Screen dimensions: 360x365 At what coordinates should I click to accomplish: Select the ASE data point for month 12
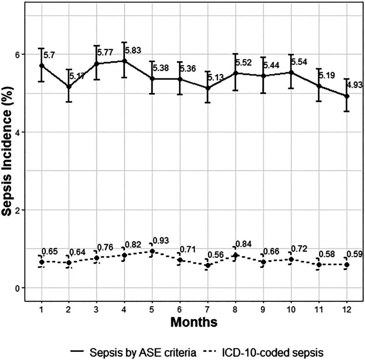[x=346, y=96]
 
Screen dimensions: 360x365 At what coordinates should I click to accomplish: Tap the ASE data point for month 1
[x=42, y=66]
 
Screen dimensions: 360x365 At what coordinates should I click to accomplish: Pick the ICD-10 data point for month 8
[x=235, y=255]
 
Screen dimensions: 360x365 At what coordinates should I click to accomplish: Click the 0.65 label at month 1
[x=50, y=252]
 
